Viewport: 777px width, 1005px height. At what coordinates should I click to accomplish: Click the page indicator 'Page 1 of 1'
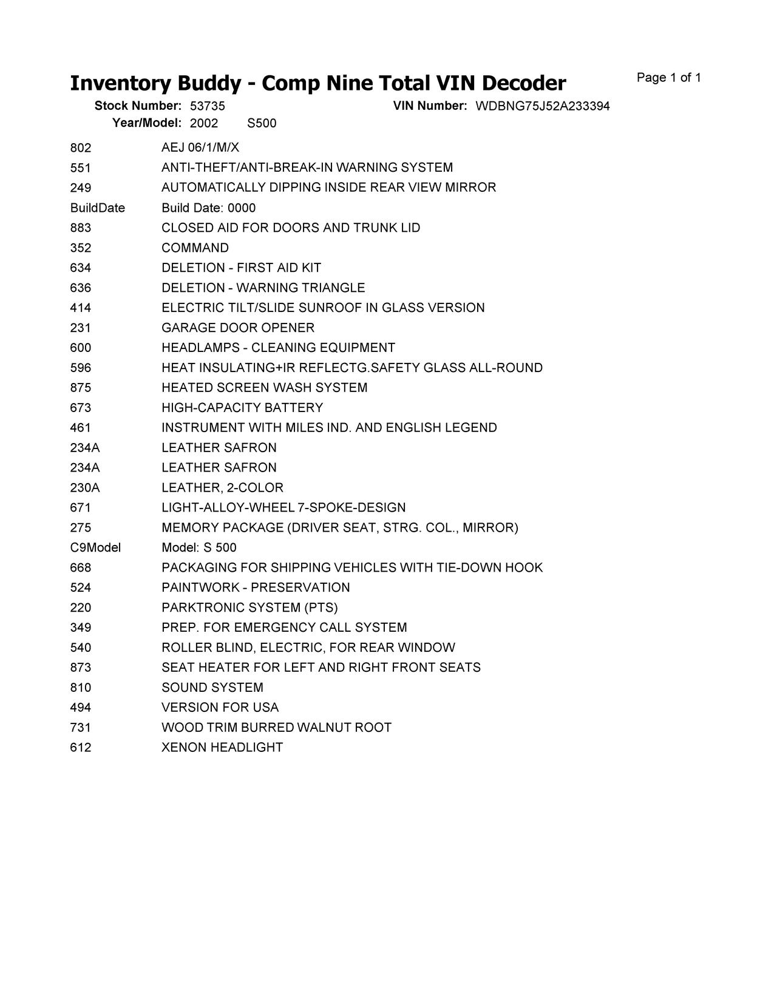(668, 78)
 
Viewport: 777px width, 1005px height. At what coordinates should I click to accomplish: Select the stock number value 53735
(207, 106)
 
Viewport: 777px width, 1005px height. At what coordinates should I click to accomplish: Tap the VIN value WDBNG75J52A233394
(542, 106)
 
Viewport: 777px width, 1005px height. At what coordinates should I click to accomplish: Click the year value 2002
(203, 123)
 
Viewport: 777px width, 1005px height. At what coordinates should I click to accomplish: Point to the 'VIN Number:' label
(430, 106)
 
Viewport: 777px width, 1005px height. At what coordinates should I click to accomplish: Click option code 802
(81, 147)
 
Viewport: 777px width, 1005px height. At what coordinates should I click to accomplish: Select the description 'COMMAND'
(195, 248)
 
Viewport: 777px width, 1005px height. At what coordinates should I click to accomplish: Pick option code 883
(81, 228)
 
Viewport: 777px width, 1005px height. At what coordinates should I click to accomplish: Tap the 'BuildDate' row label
(97, 208)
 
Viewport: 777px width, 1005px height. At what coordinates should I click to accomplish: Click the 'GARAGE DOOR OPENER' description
(238, 328)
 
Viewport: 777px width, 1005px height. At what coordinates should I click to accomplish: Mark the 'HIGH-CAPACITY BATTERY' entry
(242, 408)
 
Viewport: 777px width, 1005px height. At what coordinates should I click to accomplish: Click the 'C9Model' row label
(95, 547)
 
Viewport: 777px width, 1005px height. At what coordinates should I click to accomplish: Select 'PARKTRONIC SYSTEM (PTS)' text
(249, 607)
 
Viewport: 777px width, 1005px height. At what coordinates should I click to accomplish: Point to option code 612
(81, 747)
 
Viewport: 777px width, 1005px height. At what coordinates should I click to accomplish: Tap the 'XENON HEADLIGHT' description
(222, 747)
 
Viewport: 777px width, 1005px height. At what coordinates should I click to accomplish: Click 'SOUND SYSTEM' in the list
(212, 688)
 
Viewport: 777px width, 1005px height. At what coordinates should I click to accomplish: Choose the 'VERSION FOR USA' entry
(220, 708)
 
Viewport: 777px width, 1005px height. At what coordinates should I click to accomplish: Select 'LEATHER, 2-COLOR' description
(222, 487)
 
